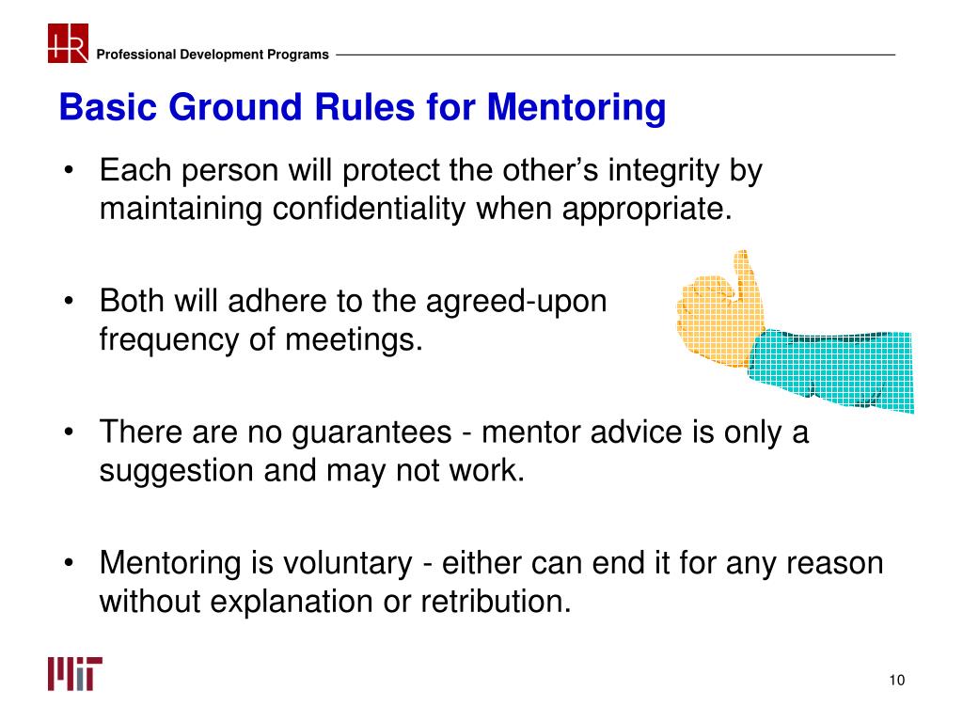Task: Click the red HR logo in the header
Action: coord(68,43)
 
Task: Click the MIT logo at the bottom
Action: coord(75,674)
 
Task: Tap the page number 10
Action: coord(894,681)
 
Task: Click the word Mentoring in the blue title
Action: coord(576,107)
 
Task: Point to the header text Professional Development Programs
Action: coord(213,55)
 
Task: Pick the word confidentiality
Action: coord(371,209)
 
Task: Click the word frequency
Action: coord(168,338)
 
